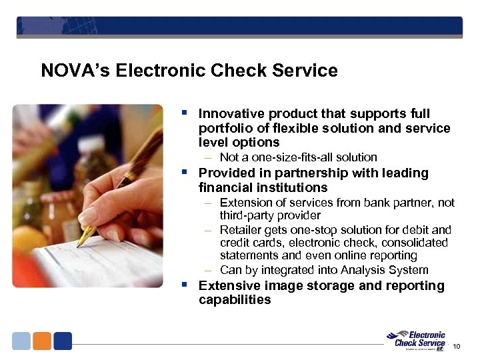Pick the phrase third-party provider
click(x=270, y=215)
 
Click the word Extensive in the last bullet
click(x=229, y=286)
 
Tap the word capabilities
click(x=235, y=300)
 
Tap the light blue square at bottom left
click(x=22, y=341)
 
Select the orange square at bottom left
click(x=42, y=341)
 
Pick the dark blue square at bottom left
click(x=63, y=341)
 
